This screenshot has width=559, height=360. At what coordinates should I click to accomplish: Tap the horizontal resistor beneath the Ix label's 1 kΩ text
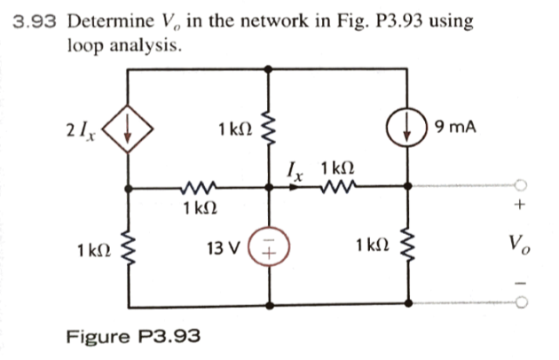337,187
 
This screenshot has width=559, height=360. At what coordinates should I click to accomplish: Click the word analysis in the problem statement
148,44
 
